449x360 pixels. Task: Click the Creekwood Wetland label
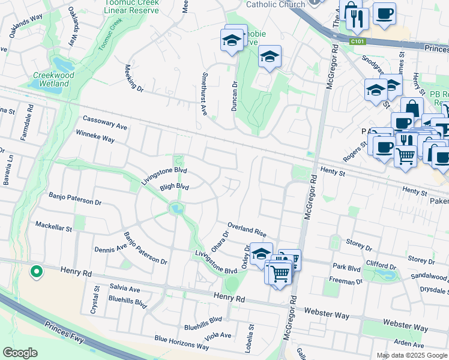point(53,79)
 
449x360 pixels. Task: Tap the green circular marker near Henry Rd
point(36,271)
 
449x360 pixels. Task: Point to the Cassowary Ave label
point(105,122)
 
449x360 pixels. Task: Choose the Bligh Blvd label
point(174,187)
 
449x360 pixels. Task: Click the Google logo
point(20,352)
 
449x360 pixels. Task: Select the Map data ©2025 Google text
point(411,355)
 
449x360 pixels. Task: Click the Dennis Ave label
point(110,247)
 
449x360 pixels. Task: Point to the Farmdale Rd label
point(25,122)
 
